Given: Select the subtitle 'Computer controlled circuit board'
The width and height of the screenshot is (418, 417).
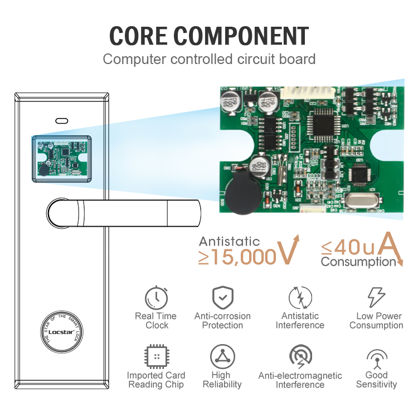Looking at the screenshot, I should pos(209,59).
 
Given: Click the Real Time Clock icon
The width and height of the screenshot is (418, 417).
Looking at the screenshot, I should pos(157,298).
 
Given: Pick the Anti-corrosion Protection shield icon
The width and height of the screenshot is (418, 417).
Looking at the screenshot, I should pos(222,297).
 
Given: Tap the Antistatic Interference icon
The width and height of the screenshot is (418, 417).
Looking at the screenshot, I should pos(300,297).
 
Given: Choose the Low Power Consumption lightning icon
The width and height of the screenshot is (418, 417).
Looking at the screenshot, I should pos(376,298).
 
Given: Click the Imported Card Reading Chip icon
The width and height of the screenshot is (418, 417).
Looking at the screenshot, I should pos(156,357).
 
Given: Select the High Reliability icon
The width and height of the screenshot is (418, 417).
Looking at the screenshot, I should pos(222,357).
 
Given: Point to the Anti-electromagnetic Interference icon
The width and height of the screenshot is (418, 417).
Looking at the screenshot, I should pos(300,357).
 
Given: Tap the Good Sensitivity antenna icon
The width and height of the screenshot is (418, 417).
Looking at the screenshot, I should pos(377,357).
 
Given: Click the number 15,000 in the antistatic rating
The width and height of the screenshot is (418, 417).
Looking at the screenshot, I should pos(237,257).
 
